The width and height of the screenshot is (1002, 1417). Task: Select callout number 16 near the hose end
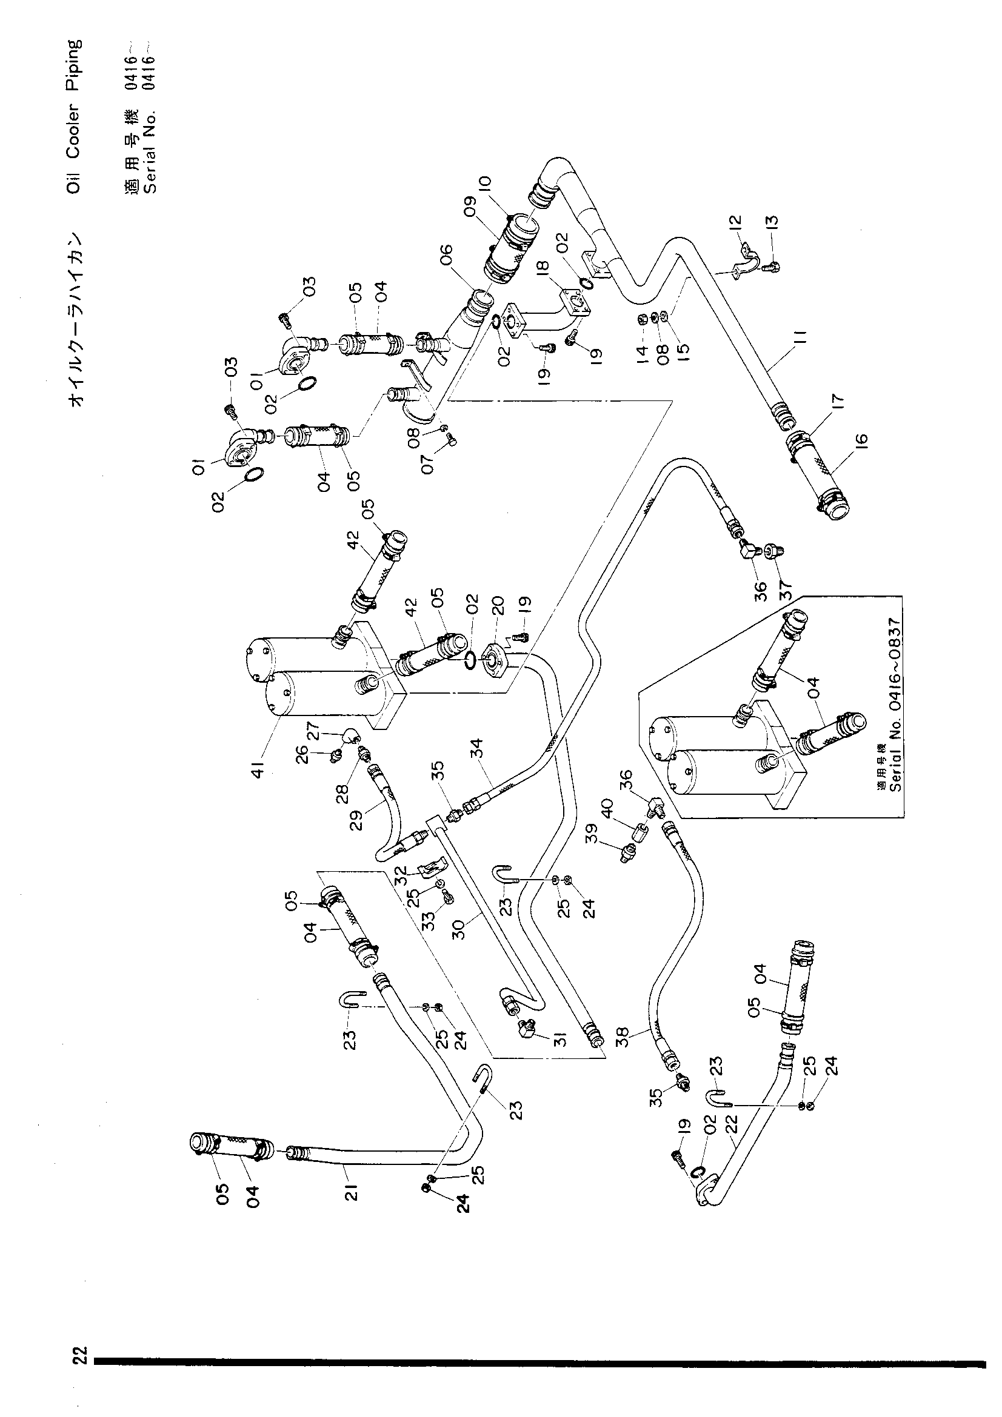(x=861, y=441)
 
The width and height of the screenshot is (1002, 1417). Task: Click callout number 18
(x=543, y=267)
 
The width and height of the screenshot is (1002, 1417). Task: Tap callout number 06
(x=446, y=256)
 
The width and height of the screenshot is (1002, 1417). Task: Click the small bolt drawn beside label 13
(x=769, y=267)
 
